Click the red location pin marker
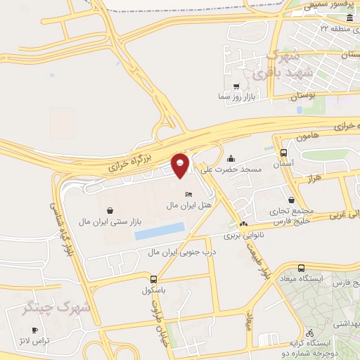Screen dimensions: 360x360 pos(181,165)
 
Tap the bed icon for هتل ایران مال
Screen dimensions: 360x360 pos(188,194)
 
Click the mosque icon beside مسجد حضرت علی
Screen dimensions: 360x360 pos(231,158)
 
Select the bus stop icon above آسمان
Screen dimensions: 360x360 pos(283,153)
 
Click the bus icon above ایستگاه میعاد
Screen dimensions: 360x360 pos(301,268)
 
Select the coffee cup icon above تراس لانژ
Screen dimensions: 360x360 pos(34,329)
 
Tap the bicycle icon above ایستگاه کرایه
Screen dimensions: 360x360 pos(309,333)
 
